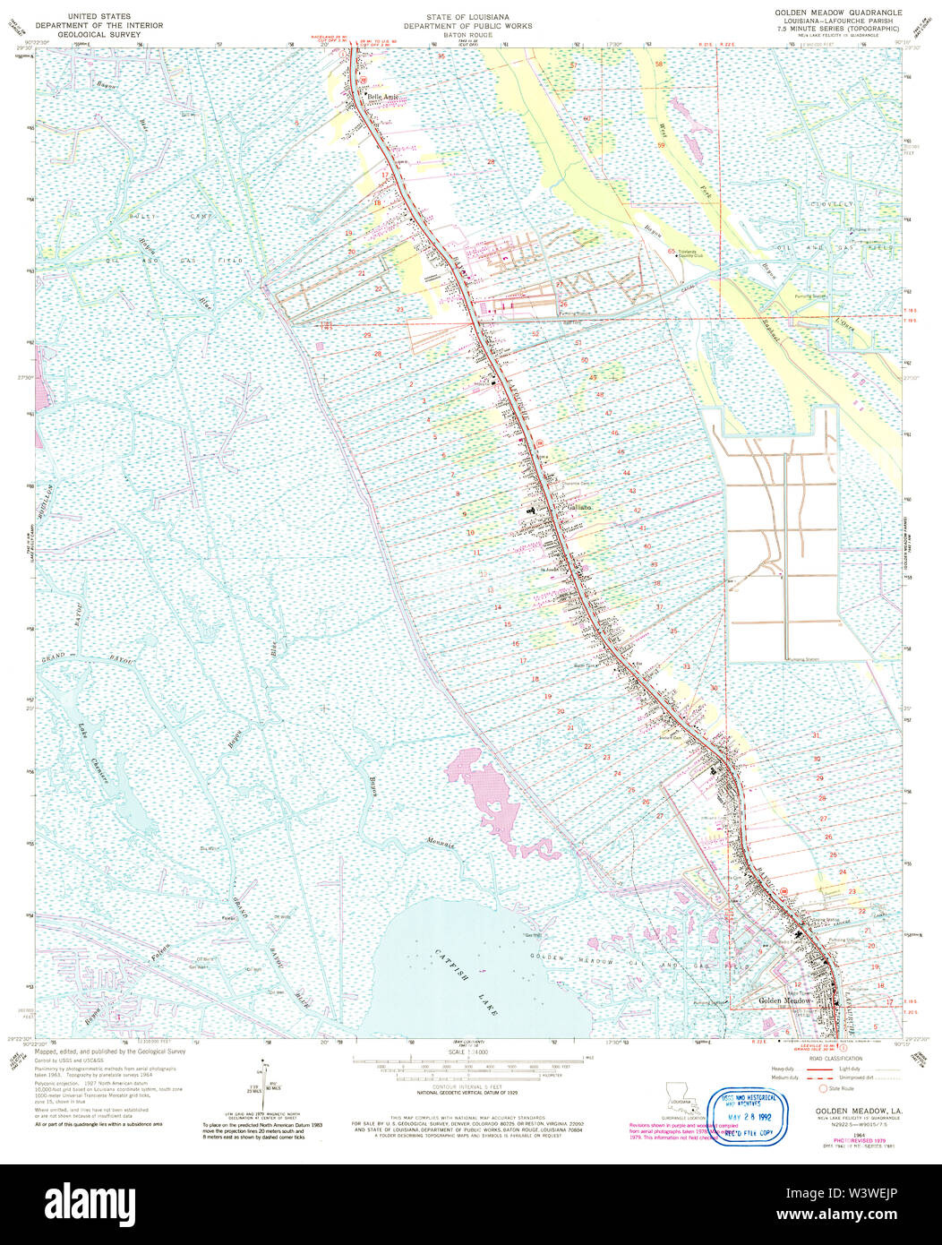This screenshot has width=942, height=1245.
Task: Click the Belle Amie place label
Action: tap(376, 95)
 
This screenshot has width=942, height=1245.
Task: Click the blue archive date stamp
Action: tap(752, 1112)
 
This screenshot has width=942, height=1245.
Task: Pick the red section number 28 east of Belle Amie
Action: tap(491, 161)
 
